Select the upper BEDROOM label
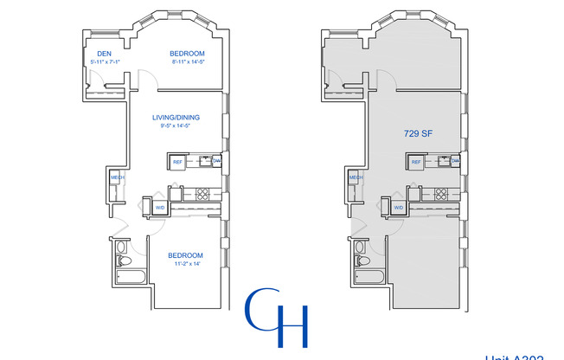(x=186, y=54)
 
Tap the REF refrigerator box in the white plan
(x=177, y=162)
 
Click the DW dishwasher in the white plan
(x=216, y=162)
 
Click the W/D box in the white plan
(x=160, y=208)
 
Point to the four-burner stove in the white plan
(x=203, y=194)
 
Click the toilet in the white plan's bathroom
(x=122, y=260)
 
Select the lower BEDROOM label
(x=185, y=255)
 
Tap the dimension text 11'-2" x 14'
(x=185, y=264)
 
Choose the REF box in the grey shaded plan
(x=416, y=162)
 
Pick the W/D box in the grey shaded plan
(x=399, y=208)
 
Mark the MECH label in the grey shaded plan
(x=356, y=178)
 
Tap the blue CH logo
(x=277, y=318)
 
